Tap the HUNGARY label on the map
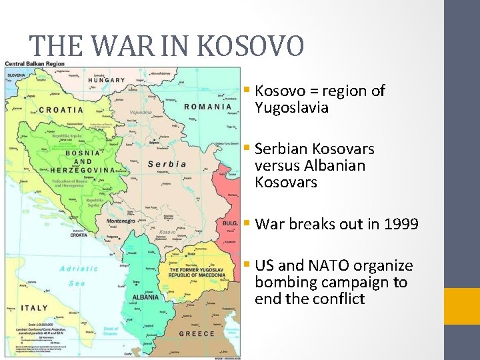(106, 80)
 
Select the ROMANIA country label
(207, 107)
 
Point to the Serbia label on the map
(167, 164)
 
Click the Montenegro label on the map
(121, 221)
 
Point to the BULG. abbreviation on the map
(230, 224)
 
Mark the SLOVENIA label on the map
(17, 75)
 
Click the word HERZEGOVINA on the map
(82, 170)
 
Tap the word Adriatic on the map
(79, 269)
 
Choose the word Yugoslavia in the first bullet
(291, 107)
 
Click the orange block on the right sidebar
(462, 306)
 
